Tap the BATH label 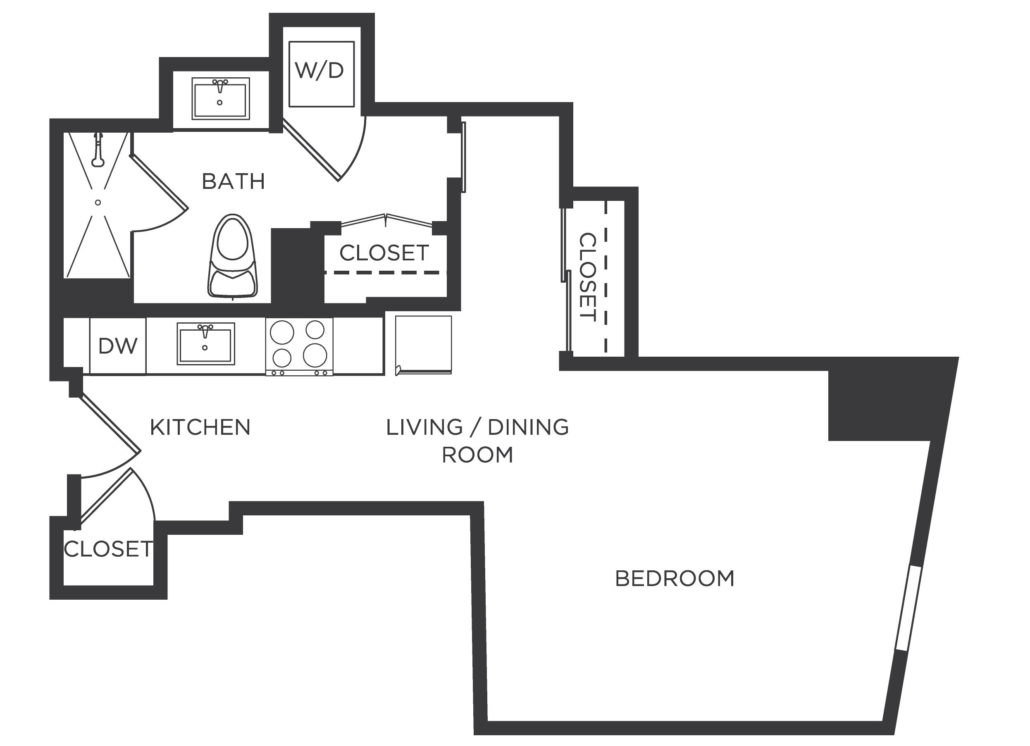[x=233, y=181]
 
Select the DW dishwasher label [x=118, y=346]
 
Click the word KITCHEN [x=200, y=428]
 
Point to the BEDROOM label [x=675, y=579]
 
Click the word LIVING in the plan [x=424, y=428]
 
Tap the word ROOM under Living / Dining [x=477, y=455]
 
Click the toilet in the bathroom [x=233, y=257]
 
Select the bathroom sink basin [x=220, y=100]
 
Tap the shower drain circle [x=98, y=203]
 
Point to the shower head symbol [x=98, y=150]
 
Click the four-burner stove [x=299, y=346]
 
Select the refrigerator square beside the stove [x=423, y=344]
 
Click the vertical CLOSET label [x=587, y=277]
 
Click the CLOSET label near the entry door [x=108, y=550]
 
